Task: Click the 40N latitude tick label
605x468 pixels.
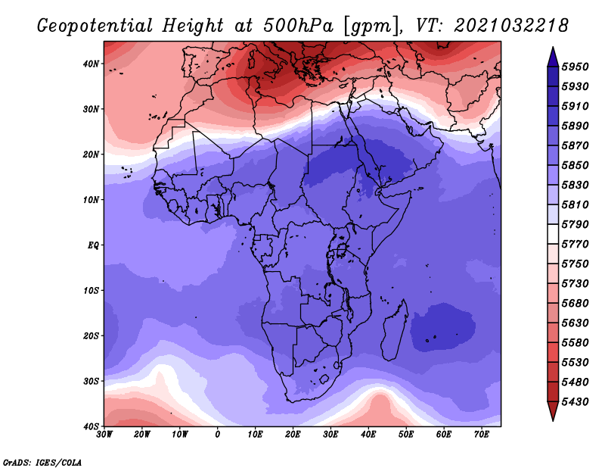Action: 91,64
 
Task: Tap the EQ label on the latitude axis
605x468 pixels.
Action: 93,245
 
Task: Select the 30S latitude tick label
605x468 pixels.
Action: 91,382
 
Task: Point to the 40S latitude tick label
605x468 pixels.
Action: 91,426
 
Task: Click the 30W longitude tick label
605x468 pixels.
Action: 104,435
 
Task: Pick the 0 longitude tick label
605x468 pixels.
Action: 218,435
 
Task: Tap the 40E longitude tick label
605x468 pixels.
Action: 368,435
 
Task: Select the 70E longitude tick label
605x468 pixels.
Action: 482,435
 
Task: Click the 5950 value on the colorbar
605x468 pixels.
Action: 576,67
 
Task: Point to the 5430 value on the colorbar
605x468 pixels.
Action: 576,402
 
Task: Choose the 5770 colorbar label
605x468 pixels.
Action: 576,245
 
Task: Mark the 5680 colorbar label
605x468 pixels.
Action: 576,304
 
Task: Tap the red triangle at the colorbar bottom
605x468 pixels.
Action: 553,410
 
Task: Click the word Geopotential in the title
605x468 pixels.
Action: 95,27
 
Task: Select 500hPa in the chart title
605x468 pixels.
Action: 298,26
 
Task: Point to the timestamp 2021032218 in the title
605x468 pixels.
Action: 511,26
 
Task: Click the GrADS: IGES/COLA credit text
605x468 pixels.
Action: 42,462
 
